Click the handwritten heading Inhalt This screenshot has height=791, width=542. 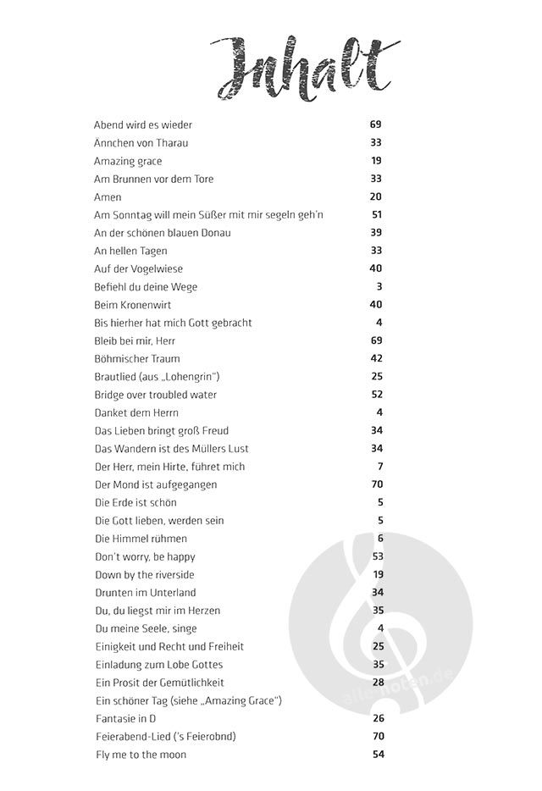(x=304, y=69)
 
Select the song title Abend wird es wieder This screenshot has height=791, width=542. (x=142, y=124)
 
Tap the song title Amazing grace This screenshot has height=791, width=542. (x=127, y=161)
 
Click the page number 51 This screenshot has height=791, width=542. (x=377, y=215)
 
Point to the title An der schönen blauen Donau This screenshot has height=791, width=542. (x=162, y=233)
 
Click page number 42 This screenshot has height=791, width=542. (x=377, y=359)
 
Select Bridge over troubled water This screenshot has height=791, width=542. (x=155, y=395)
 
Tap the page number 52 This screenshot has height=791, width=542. (x=377, y=395)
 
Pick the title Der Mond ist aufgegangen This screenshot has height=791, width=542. (x=155, y=484)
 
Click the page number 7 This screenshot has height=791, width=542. (x=380, y=467)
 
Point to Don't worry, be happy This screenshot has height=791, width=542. (x=144, y=556)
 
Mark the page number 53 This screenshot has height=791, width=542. (x=378, y=556)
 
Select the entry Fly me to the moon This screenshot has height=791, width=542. (x=140, y=755)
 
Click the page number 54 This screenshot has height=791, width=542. (x=378, y=755)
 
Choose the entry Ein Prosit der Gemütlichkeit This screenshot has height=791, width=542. (x=159, y=683)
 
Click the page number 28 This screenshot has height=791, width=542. (x=378, y=683)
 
